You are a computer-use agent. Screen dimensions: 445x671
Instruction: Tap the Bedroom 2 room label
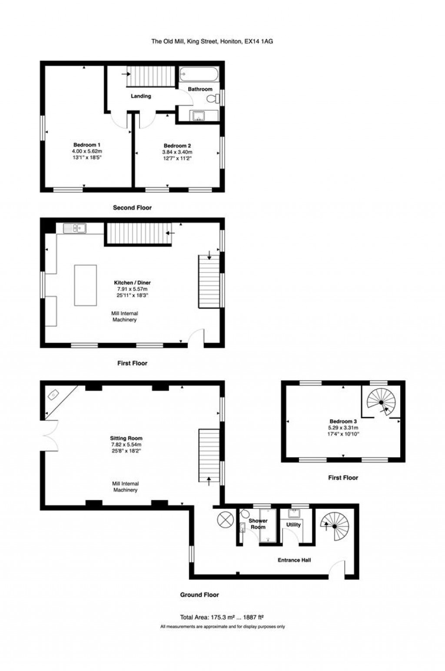177,146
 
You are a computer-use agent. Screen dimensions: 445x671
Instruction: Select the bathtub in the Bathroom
199,74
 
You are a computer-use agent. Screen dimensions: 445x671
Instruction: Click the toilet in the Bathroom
213,98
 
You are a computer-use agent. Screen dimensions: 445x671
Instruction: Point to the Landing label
141,96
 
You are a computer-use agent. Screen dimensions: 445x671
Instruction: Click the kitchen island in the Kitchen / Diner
85,285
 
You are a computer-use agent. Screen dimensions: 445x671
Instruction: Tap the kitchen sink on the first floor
75,229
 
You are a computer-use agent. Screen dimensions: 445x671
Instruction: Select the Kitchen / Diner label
132,282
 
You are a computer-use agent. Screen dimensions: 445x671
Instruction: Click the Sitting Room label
126,438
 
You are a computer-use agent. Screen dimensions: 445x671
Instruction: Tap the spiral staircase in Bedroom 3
381,402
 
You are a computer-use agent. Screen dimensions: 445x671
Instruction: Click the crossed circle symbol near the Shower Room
225,520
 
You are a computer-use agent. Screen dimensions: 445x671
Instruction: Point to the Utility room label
293,525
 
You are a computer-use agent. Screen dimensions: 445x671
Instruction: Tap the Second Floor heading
132,208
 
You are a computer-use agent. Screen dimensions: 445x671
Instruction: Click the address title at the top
212,42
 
